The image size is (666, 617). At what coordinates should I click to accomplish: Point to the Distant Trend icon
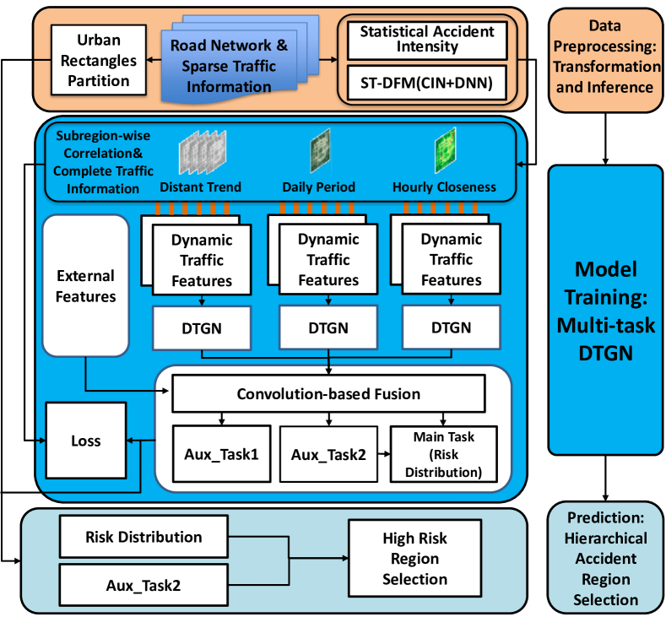click(199, 156)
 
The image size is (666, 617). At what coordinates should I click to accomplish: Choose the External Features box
click(84, 285)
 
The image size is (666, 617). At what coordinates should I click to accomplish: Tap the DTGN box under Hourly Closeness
click(450, 327)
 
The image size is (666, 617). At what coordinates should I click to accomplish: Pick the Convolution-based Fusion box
click(328, 393)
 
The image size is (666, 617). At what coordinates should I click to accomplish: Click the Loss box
click(85, 440)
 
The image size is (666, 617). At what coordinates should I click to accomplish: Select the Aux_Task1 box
click(220, 454)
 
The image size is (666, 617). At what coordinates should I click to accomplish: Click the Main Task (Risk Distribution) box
click(443, 454)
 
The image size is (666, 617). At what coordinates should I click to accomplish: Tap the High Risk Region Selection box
click(414, 558)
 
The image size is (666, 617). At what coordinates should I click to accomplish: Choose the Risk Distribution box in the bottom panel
click(143, 537)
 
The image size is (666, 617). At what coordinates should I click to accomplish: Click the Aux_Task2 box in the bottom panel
click(143, 583)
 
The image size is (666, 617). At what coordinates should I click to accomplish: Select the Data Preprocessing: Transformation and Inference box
click(605, 66)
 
